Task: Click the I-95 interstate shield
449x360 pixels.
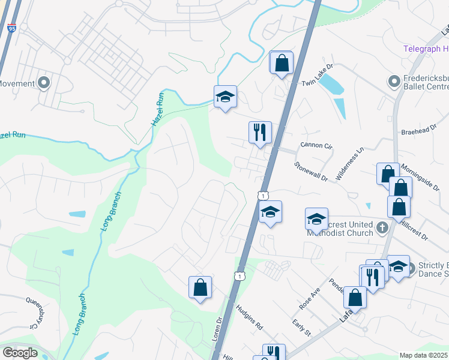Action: pyautogui.click(x=12, y=28)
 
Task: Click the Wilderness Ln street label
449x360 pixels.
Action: pyautogui.click(x=350, y=164)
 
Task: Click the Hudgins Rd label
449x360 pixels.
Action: pyautogui.click(x=250, y=318)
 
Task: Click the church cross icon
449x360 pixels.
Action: pyautogui.click(x=382, y=227)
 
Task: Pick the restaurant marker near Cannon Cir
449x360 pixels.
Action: pyautogui.click(x=260, y=133)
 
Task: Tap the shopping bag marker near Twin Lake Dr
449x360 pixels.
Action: pyautogui.click(x=282, y=62)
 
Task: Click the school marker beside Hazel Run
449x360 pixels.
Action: pyautogui.click(x=225, y=96)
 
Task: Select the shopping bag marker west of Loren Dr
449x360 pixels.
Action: pyautogui.click(x=200, y=287)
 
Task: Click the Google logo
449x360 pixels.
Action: pyautogui.click(x=20, y=353)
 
